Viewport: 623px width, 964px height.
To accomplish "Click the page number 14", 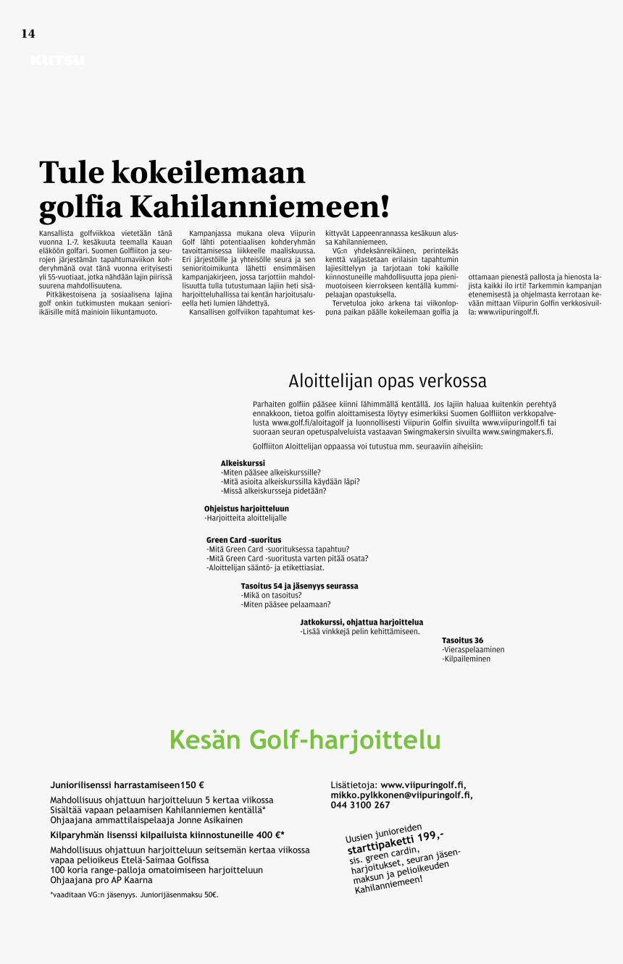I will [x=28, y=34].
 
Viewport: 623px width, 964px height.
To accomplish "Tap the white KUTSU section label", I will [x=57, y=61].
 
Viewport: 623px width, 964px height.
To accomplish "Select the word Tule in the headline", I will [x=71, y=173].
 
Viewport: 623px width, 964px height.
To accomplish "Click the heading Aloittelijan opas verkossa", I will [x=388, y=381].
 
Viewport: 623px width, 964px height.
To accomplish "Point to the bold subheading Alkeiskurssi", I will [x=243, y=462].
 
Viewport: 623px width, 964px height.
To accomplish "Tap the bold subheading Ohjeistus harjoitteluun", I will [x=246, y=509].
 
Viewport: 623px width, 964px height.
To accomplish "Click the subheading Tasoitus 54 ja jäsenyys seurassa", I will [x=299, y=586].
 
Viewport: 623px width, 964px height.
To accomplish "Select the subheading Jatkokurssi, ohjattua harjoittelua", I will [x=361, y=622].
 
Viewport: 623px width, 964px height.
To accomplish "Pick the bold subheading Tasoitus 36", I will [x=462, y=640].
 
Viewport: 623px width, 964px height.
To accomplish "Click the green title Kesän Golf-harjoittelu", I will [x=305, y=740].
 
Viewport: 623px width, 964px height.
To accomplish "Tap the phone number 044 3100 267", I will [x=360, y=805].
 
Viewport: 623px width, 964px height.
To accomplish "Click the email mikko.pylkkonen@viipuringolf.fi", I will [x=401, y=795].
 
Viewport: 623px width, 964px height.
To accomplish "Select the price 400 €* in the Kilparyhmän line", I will [x=269, y=834].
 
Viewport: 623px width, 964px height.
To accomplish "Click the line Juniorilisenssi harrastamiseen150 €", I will [x=127, y=785].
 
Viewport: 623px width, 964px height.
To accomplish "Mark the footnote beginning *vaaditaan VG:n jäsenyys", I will [x=134, y=895].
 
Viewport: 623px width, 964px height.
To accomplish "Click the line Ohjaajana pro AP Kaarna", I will [x=101, y=880].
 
